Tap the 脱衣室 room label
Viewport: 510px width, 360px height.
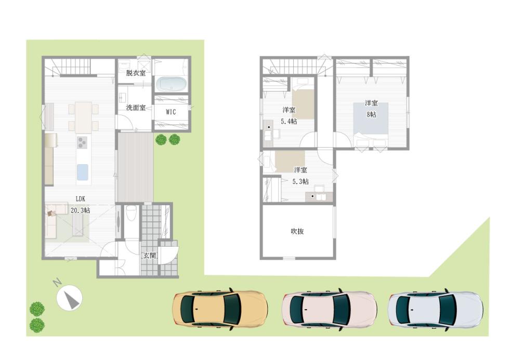136,73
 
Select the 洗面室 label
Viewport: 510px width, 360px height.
136,108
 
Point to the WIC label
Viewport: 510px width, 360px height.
171,112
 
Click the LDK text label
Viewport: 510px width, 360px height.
81,199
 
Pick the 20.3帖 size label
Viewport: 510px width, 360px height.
81,210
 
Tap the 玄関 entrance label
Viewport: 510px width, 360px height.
150,256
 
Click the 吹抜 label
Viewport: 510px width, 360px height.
297,231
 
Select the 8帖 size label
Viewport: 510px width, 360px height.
371,114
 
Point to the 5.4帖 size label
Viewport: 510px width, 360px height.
289,121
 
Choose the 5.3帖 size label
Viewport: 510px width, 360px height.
300,181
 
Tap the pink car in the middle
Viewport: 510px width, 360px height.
330,309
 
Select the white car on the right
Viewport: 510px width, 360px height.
436,309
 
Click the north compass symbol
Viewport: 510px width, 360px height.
69,297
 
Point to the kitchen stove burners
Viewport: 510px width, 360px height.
82,142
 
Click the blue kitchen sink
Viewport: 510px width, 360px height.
83,172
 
